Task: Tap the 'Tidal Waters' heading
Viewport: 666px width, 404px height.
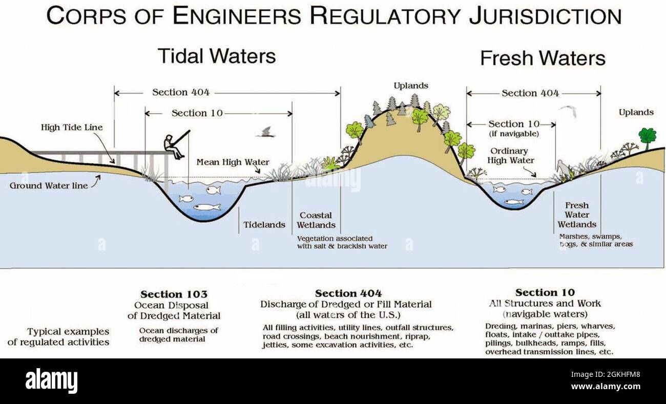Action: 216,56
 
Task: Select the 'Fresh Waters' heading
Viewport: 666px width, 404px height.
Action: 543,58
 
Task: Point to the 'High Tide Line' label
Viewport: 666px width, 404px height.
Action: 72,127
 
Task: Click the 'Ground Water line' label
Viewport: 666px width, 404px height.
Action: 49,185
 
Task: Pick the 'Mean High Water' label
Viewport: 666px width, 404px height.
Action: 233,162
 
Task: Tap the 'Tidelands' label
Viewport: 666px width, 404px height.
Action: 264,225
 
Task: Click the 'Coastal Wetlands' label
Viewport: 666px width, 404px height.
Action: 316,220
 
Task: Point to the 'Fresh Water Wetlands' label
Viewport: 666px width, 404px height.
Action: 577,215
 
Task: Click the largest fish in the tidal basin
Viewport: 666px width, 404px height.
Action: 206,207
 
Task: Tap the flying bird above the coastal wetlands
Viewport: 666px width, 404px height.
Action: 265,133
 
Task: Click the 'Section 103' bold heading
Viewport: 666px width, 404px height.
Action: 174,294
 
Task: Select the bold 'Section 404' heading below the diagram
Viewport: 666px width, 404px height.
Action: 348,293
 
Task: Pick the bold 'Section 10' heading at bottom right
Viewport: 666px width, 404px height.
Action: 545,293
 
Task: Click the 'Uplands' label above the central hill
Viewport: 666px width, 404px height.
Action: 411,86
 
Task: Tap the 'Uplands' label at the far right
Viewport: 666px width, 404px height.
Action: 636,112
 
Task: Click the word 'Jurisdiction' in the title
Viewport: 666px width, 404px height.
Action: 545,16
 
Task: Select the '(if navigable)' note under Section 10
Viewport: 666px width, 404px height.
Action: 514,134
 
